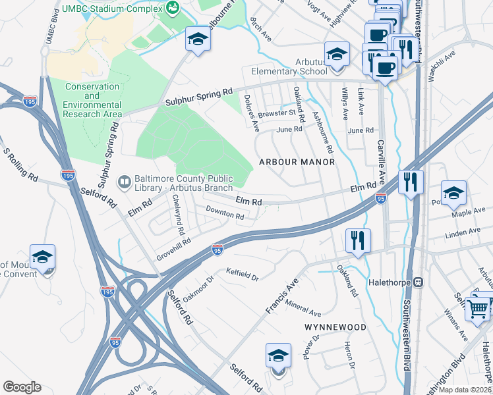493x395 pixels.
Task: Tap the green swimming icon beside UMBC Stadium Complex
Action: pyautogui.click(x=173, y=8)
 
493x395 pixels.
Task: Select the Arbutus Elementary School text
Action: pyautogui.click(x=287, y=71)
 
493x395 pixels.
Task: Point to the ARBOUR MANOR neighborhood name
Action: pyautogui.click(x=297, y=162)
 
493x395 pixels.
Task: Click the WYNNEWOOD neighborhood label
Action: pyautogui.click(x=335, y=327)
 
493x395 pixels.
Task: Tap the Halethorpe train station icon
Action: pyautogui.click(x=418, y=282)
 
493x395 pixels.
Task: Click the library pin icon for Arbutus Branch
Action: pyautogui.click(x=124, y=180)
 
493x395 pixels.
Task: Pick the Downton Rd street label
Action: pyautogui.click(x=225, y=213)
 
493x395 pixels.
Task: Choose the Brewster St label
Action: pyautogui.click(x=278, y=113)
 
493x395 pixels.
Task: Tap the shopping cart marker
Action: pyautogui.click(x=477, y=307)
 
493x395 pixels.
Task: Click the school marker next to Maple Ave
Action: pyautogui.click(x=453, y=192)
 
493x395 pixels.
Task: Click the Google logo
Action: pyautogui.click(x=22, y=387)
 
